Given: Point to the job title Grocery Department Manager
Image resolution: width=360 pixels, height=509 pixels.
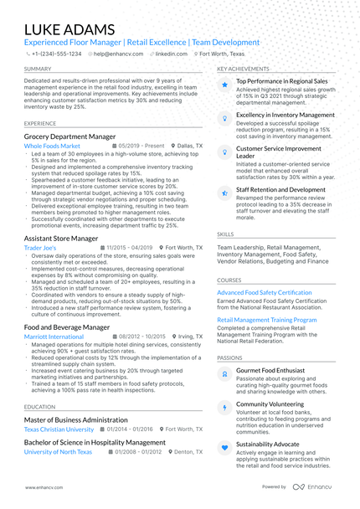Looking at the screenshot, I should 69,136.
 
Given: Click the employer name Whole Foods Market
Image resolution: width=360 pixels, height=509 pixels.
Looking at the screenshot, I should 52,146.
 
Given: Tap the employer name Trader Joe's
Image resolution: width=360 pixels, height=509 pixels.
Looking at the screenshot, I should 40,249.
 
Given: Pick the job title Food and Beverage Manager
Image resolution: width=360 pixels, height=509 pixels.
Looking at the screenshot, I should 67,327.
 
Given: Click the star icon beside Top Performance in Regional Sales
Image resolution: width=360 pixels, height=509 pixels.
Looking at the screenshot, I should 224,85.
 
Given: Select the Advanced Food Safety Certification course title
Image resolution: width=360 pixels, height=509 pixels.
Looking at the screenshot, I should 265,292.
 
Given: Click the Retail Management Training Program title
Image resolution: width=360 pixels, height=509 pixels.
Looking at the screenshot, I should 267,320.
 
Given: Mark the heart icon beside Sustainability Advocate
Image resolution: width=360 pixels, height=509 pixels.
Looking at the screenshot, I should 224,448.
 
